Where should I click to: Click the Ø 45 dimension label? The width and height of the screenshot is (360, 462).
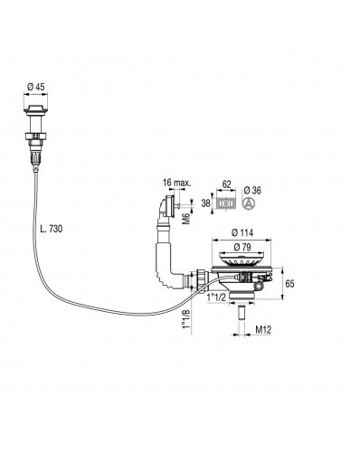(x=35, y=87)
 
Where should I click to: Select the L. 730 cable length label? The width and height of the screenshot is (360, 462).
(x=52, y=229)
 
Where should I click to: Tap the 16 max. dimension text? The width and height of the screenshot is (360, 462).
(x=177, y=183)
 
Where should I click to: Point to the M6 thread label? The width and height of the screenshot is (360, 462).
(x=187, y=219)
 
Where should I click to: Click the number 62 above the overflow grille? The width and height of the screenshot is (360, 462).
(x=226, y=184)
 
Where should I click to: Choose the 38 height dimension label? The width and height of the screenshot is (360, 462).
(x=206, y=203)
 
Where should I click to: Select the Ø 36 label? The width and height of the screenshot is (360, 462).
(x=252, y=191)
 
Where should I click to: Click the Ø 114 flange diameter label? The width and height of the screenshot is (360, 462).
(x=242, y=232)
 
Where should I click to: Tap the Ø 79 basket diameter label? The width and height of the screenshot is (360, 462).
(x=242, y=247)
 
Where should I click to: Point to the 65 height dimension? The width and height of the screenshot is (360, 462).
(x=289, y=284)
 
